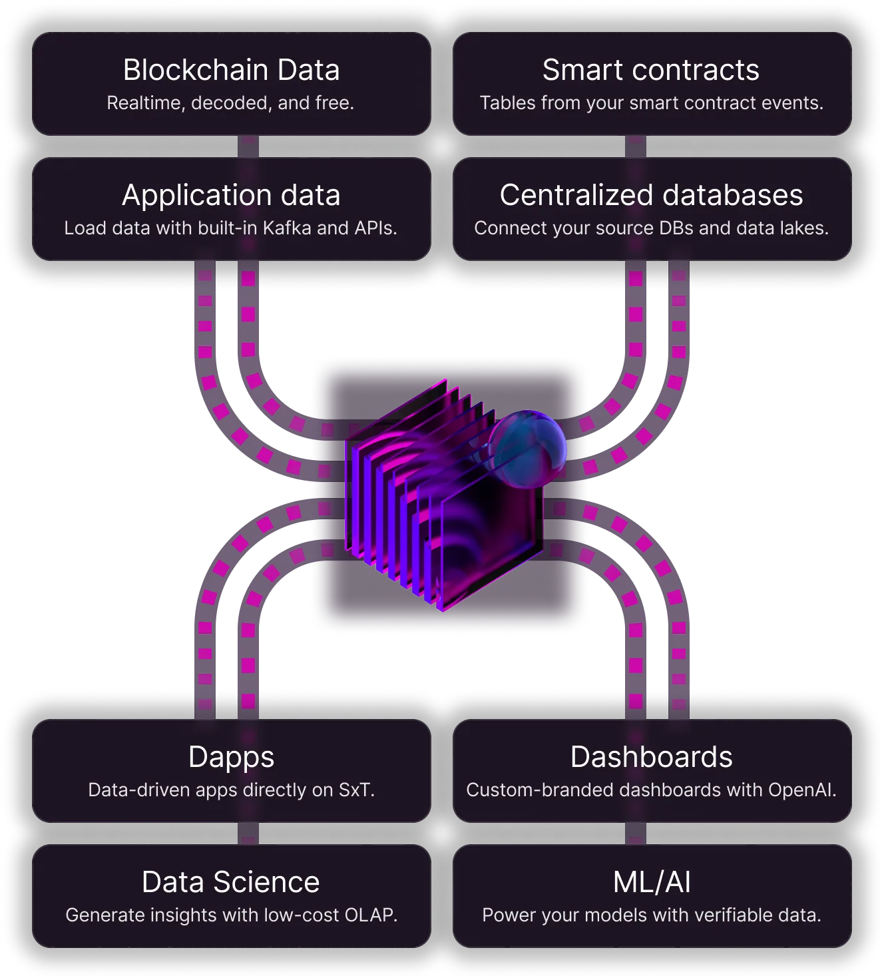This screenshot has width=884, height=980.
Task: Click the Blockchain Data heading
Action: (231, 70)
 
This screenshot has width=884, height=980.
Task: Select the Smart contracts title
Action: (650, 70)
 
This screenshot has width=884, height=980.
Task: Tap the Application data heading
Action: (231, 195)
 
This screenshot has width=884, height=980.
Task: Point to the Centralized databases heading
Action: (651, 195)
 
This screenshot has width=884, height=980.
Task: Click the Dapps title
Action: (231, 757)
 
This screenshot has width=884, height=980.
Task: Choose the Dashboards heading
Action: (651, 757)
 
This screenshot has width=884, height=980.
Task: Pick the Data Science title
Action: (231, 882)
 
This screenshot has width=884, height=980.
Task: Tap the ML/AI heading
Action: (651, 882)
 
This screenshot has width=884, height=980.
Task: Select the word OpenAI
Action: (801, 790)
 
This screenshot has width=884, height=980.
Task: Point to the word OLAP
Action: (370, 915)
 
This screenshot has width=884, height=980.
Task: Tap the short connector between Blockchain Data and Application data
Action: (248, 146)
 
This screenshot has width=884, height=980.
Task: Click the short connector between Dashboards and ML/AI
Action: (636, 834)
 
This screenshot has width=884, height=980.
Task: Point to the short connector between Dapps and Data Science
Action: (248, 834)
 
